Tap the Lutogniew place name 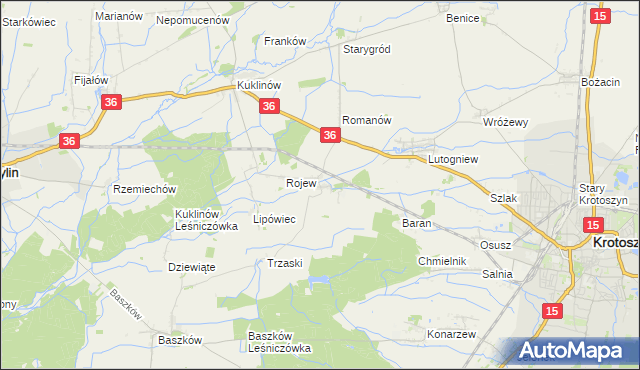coord(455,159)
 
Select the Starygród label coord(366,49)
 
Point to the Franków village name coord(284,41)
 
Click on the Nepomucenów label coord(193,19)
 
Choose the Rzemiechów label coord(145,189)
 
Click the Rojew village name coord(301,184)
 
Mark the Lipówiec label coord(274,219)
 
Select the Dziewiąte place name coord(192,267)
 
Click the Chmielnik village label coord(442,261)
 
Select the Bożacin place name coord(601,81)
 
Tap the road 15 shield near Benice coord(600,16)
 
